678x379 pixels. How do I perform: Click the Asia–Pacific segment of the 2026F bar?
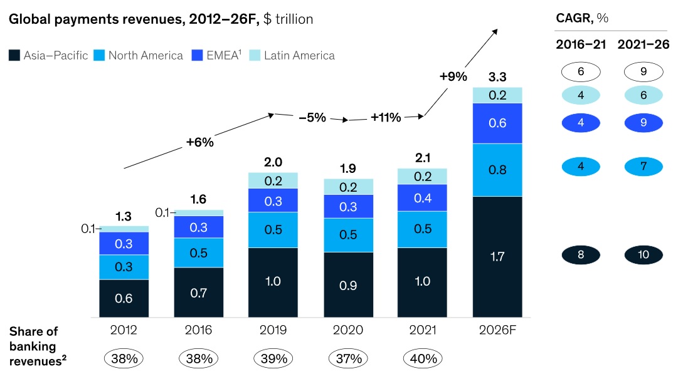coord(497,256)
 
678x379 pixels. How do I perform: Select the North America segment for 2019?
coord(273,229)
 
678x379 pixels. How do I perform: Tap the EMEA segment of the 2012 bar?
coord(124,243)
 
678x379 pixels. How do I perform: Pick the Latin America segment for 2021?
coord(422,176)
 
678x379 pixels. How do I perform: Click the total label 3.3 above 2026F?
coord(497,78)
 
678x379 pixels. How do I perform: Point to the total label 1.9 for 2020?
coord(348,169)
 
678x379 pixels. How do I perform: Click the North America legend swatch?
coord(99,56)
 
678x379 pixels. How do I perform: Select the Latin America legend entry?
coord(299,56)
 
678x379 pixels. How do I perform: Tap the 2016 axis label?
coord(198,330)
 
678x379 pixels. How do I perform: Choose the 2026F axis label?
coord(497,330)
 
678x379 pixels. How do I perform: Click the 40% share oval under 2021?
coord(423,359)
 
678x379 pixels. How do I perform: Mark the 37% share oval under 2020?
coord(348,359)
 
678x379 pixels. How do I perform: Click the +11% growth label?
coord(386,117)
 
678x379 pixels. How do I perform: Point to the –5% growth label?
coord(311,117)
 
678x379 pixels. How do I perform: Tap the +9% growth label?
coord(453,77)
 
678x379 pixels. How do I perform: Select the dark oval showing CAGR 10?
coord(643,255)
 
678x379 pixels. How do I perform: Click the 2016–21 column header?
coord(580,45)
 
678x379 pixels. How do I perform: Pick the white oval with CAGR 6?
coord(581,72)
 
